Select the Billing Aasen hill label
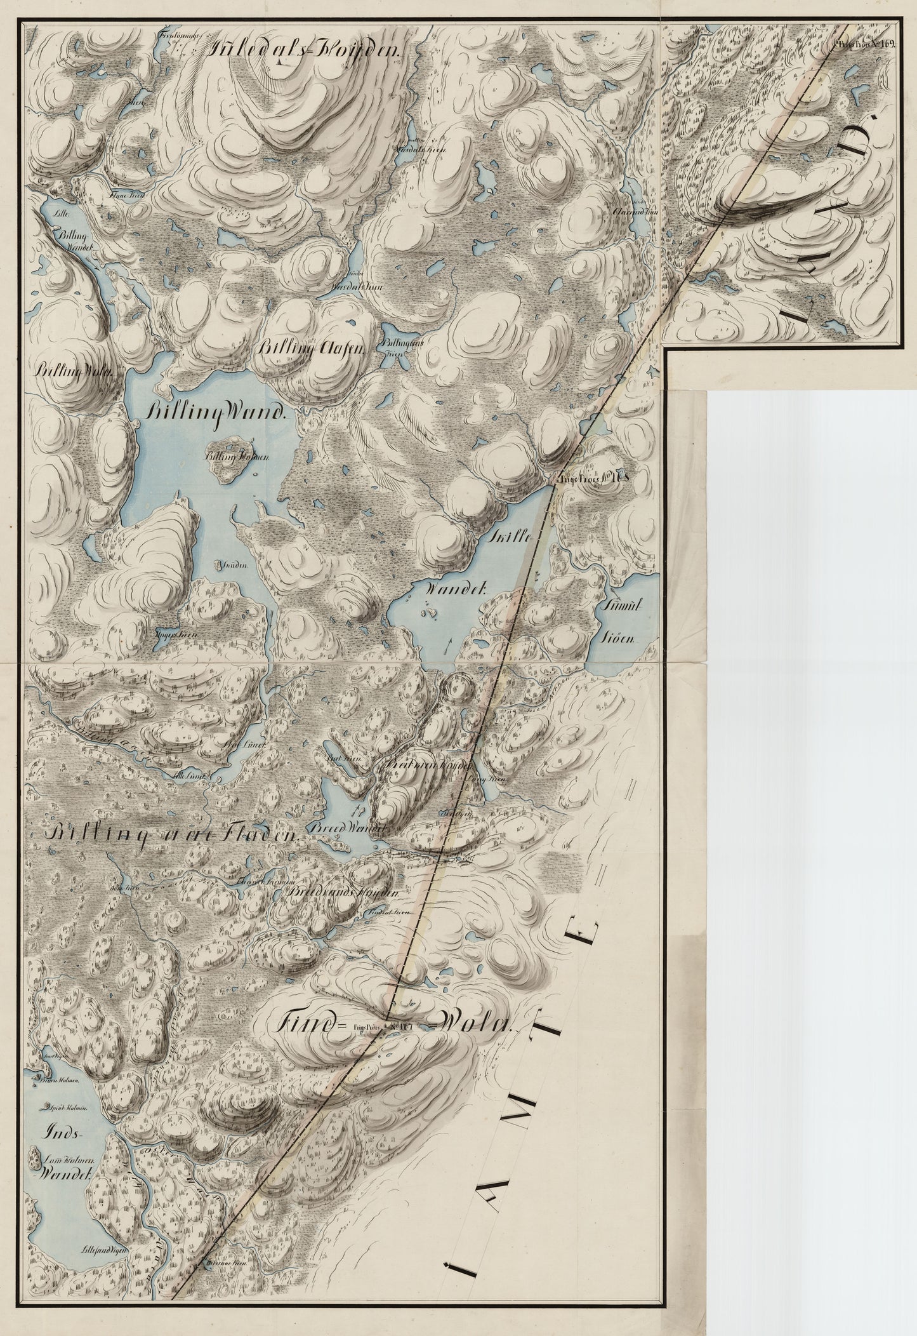tap(311, 347)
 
